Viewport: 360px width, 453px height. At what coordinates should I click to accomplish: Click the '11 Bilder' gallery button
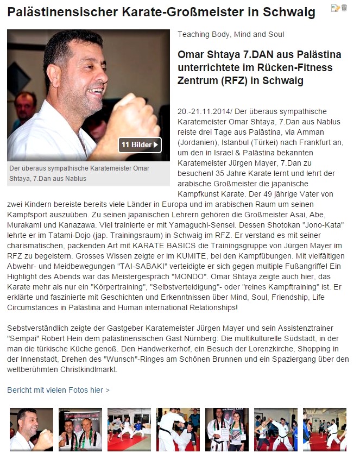point(140,145)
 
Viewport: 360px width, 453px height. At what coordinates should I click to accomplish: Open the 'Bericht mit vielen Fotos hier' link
point(58,390)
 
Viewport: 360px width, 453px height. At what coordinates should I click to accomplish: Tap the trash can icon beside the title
point(344,8)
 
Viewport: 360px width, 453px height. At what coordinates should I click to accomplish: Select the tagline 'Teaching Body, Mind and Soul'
point(231,34)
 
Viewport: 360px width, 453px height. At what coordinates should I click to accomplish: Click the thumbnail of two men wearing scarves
point(80,429)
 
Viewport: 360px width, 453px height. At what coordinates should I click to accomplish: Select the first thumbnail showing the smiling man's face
point(31,429)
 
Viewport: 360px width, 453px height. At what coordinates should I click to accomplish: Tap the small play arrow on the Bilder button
point(156,145)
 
